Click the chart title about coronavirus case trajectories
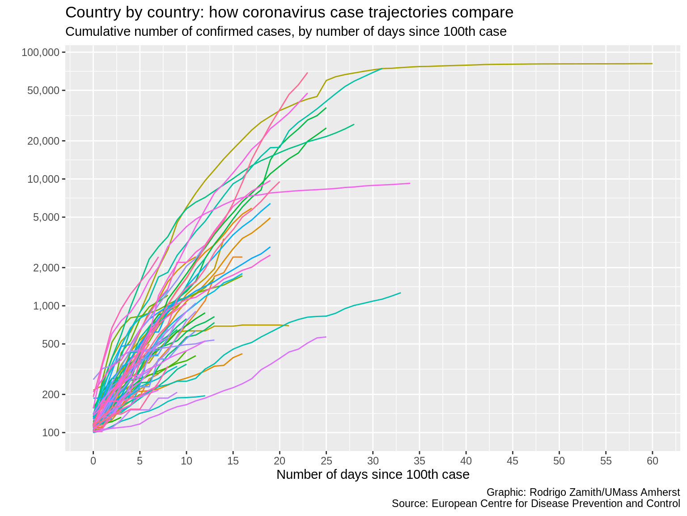289,13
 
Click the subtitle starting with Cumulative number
285,32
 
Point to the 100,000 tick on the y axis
41,52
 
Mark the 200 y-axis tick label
50,394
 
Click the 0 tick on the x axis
93,460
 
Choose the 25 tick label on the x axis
326,460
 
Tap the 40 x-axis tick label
466,460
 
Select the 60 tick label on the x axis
652,460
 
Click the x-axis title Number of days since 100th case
373,474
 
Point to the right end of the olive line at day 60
652,64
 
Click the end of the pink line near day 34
410,183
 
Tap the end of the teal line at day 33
400,293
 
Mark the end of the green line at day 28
354,125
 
